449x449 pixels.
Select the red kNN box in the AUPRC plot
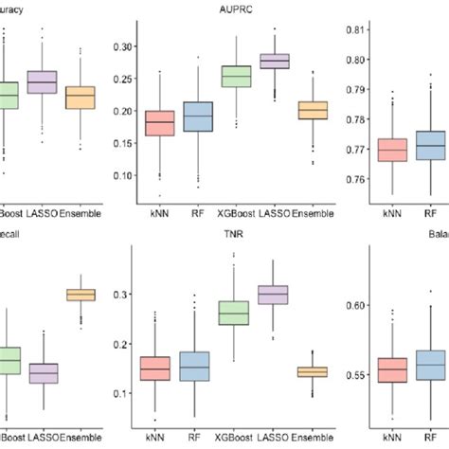click(159, 123)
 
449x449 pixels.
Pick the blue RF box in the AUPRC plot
click(198, 117)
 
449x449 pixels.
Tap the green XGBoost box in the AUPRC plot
click(236, 76)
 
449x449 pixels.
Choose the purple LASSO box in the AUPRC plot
click(275, 61)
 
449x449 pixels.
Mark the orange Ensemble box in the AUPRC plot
click(313, 110)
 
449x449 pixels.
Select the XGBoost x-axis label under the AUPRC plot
click(236, 214)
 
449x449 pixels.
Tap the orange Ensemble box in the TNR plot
click(313, 372)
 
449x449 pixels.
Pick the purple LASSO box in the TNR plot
click(275, 295)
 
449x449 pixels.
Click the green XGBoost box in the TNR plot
click(236, 312)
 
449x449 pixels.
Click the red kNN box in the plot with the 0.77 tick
click(392, 150)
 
